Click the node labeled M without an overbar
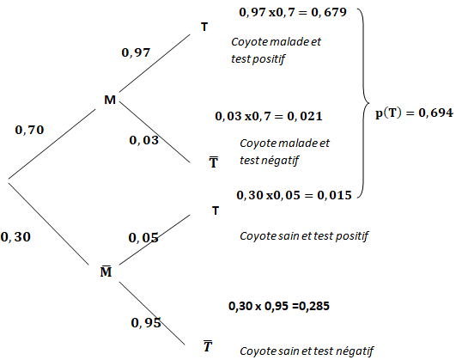(x=110, y=100)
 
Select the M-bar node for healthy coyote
(x=106, y=272)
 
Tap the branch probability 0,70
(x=29, y=130)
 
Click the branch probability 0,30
(x=15, y=237)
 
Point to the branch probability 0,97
(x=136, y=52)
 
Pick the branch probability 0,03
(x=144, y=140)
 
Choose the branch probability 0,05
(x=143, y=238)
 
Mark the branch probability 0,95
(x=146, y=323)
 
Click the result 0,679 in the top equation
(x=329, y=12)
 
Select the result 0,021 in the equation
(x=305, y=116)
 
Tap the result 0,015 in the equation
(x=334, y=195)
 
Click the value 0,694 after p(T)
(x=435, y=113)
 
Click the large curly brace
(x=363, y=103)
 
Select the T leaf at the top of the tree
(x=204, y=27)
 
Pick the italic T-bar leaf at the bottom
(x=208, y=345)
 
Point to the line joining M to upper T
(x=155, y=64)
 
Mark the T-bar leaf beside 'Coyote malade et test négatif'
(x=214, y=162)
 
